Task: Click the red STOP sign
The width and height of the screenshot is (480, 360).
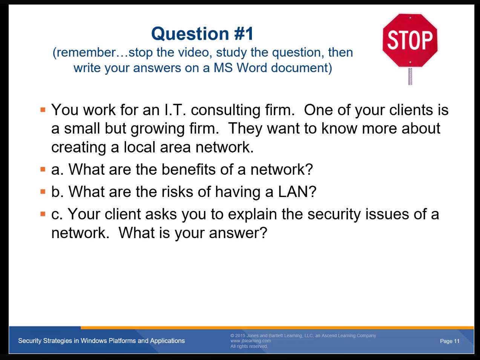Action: [410, 40]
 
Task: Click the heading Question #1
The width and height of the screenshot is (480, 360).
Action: [202, 34]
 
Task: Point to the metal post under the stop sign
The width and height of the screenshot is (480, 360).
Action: [410, 76]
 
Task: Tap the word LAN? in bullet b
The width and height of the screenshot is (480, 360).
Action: [297, 192]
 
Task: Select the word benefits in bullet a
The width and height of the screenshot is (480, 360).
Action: [189, 169]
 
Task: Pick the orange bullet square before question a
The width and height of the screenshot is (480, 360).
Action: [43, 169]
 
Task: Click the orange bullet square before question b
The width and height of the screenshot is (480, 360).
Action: [43, 192]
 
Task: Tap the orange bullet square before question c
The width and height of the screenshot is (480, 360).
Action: [43, 214]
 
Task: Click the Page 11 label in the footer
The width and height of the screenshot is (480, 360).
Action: [449, 341]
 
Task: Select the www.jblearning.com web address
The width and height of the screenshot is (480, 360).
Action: [251, 341]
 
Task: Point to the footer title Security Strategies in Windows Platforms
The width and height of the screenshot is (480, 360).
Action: [101, 341]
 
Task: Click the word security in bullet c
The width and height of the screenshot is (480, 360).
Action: [334, 215]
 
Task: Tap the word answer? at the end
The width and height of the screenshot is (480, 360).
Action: [238, 233]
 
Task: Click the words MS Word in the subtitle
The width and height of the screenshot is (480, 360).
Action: [240, 68]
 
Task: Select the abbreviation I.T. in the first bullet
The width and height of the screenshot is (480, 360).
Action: [175, 110]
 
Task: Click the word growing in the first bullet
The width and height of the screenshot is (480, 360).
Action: [158, 129]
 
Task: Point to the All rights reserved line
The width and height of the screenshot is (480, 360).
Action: [249, 346]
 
